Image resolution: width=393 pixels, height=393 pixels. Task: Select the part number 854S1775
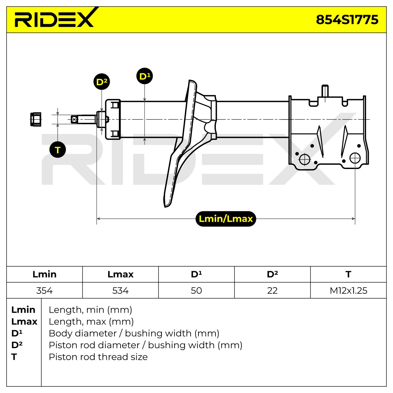pos(347,20)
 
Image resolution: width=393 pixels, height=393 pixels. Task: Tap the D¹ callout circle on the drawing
pos(145,76)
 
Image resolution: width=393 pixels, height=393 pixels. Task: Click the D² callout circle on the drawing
pos(102,82)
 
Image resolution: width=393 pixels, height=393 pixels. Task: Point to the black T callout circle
pos(58,150)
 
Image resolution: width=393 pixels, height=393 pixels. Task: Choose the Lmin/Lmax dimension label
pos(226,219)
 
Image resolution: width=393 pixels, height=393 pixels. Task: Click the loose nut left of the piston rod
pos(36,119)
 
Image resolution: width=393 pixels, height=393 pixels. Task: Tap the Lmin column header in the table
pos(45,274)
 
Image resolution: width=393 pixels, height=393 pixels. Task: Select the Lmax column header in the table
pos(120,274)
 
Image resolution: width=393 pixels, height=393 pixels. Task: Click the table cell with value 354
pos(45,290)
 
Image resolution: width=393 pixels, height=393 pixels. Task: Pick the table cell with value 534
pos(120,290)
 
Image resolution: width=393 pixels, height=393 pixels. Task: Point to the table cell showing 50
pos(196,290)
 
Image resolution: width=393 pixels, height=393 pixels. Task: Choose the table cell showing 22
pos(272,290)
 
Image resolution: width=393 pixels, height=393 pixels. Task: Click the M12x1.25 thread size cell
pos(348,290)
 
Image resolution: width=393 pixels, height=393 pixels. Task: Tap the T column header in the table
pos(348,274)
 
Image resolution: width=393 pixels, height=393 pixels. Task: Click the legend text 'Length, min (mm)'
pos(90,310)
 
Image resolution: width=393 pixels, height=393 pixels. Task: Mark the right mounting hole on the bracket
pos(355,158)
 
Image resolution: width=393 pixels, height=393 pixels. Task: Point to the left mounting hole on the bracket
pos(305,159)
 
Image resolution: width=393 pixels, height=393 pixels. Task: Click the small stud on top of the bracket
pos(325,91)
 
